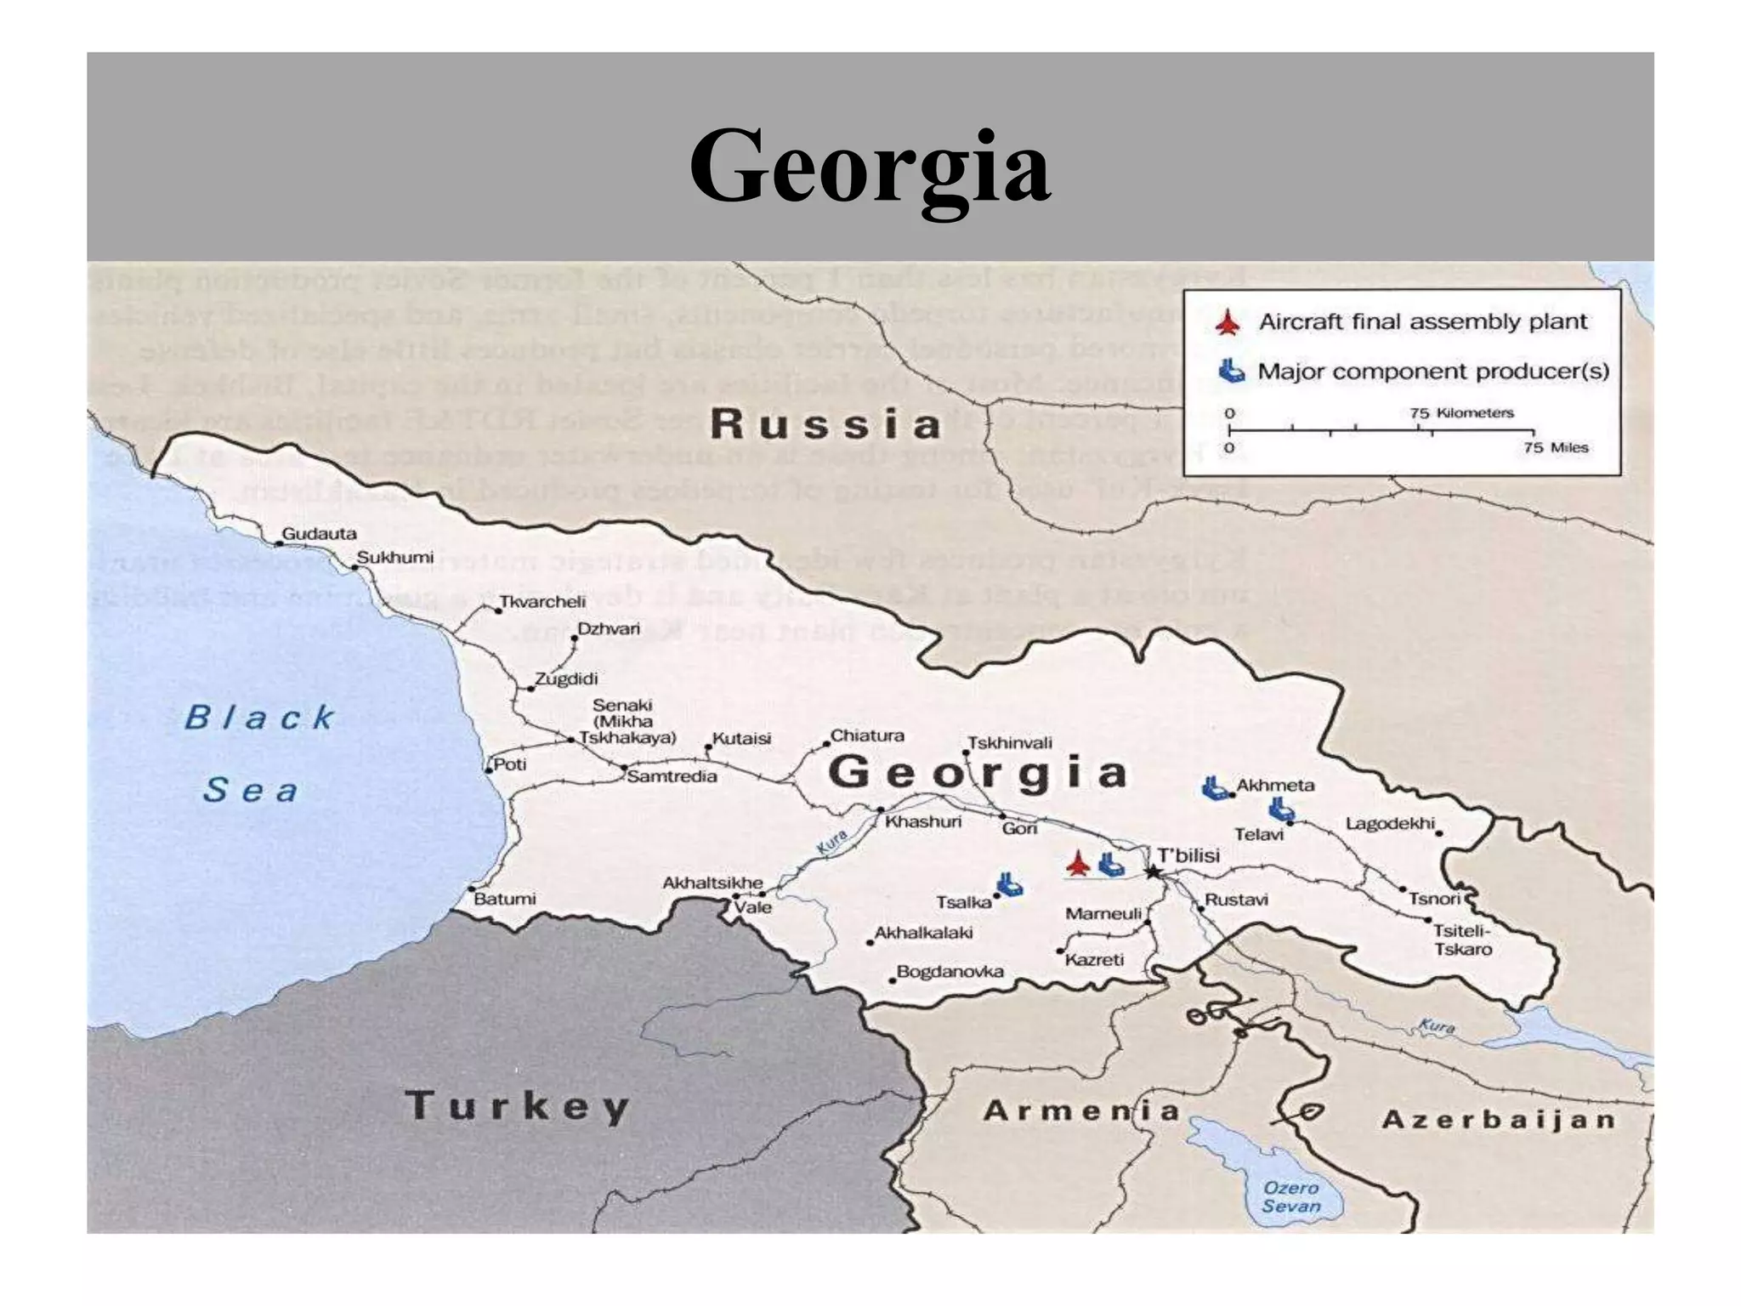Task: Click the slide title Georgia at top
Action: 870,166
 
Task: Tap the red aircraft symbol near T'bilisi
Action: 1078,863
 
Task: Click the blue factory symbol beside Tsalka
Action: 1009,884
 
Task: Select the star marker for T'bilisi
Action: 1153,872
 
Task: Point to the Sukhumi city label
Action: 394,558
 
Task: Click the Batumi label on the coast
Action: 505,899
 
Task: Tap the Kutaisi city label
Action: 741,738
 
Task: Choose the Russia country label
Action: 825,424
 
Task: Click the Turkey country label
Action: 517,1106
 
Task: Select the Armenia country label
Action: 1081,1110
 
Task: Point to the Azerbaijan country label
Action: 1499,1120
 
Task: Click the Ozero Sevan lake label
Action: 1290,1196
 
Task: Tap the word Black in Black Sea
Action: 260,718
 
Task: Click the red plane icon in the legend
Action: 1227,323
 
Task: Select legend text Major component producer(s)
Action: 1433,372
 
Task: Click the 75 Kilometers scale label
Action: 1461,413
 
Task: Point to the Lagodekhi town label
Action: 1390,823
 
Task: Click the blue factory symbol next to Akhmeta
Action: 1215,788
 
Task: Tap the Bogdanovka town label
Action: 950,971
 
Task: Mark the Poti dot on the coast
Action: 488,770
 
